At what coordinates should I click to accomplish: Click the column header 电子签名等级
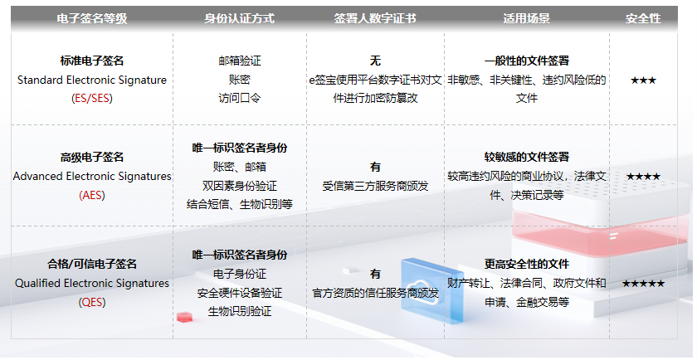coord(92,19)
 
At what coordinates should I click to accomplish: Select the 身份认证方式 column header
coord(240,19)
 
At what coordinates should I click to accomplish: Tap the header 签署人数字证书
coord(375,19)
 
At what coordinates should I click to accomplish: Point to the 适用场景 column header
coord(527,19)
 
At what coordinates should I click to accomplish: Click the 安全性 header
coord(643,19)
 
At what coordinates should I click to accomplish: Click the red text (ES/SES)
coord(92,98)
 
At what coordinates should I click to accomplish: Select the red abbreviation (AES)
coord(92,196)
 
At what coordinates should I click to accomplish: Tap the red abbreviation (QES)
coord(92,303)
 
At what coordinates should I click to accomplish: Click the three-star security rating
coord(643,80)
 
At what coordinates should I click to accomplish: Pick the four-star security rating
coord(643,177)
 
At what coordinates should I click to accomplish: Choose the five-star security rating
coord(643,284)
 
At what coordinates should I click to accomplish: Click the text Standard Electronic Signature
coord(92,80)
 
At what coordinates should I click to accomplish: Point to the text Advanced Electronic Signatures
coord(92,177)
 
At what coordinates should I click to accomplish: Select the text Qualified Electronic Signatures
coord(92,284)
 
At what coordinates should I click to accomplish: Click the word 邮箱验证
coord(240,61)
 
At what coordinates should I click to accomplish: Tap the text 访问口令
coord(240,98)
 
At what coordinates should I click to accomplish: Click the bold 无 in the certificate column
coord(375,61)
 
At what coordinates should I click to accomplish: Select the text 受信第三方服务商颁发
coord(375,187)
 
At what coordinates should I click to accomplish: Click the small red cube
coord(185,317)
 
